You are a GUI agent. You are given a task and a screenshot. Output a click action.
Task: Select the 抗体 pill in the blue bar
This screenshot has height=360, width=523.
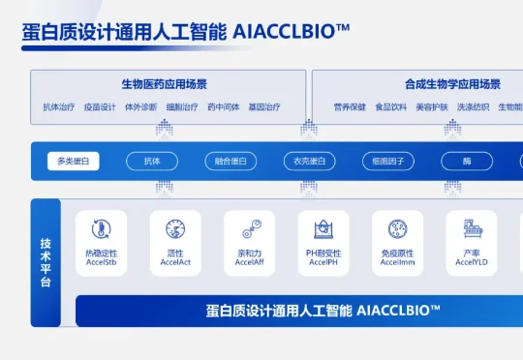point(152,162)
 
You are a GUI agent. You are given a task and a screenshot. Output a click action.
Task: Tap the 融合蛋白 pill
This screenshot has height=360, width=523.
point(231,162)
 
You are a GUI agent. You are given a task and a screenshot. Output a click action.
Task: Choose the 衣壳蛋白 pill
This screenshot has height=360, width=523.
point(310,162)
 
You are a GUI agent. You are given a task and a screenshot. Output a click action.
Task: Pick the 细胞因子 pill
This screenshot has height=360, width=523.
point(388,162)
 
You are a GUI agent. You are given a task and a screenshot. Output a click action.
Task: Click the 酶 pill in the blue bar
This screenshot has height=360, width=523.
point(468,162)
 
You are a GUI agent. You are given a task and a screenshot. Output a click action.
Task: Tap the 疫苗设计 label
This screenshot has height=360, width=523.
point(100,107)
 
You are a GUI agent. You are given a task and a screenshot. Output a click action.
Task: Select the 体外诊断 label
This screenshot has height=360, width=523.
point(141,107)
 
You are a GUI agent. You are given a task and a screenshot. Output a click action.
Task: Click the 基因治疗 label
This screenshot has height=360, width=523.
point(264,107)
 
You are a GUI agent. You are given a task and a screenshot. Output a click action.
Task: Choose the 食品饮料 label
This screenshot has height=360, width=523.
point(391,107)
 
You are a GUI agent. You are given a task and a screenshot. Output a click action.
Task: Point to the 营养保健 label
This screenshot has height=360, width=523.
point(350,107)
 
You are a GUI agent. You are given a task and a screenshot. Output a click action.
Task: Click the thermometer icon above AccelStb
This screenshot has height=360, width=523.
point(101,229)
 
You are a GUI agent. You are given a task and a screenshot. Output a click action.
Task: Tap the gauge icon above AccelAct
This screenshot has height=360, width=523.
point(175,229)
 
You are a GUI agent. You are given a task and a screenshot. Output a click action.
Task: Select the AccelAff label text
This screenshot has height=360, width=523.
point(250,262)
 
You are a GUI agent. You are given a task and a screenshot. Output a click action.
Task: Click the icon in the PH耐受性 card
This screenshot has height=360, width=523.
point(324,229)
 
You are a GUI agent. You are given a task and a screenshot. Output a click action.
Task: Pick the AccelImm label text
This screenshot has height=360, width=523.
point(397,262)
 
